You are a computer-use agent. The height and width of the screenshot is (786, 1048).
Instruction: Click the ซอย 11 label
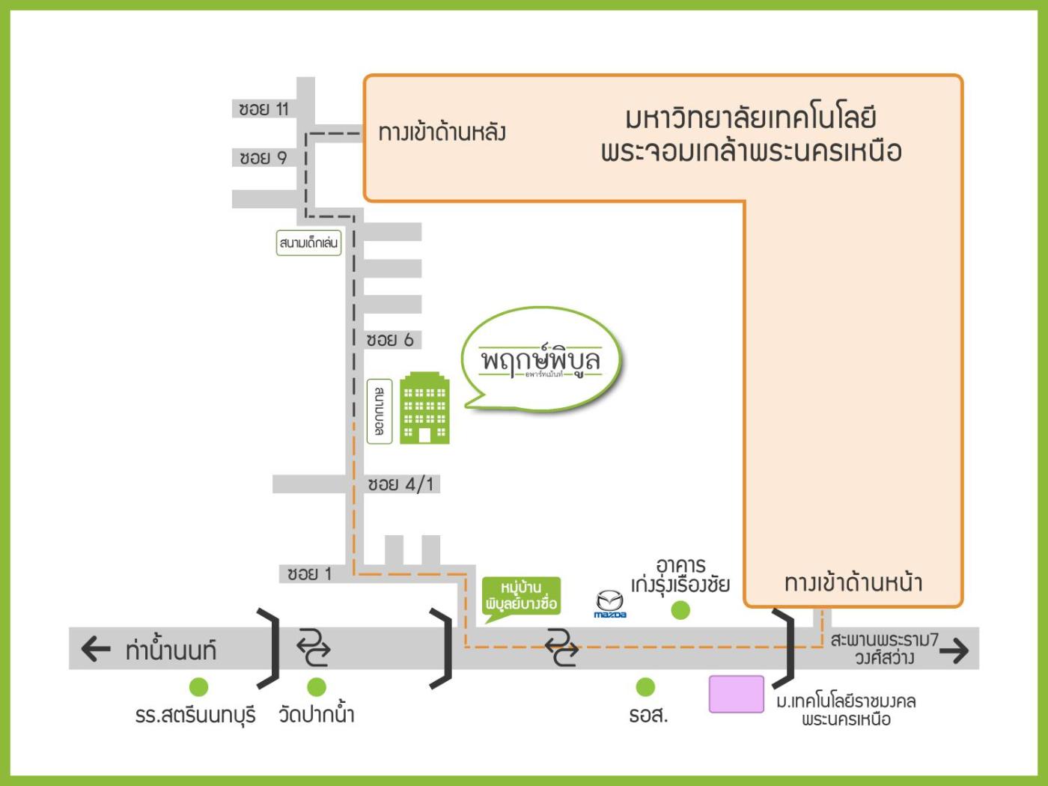point(263,109)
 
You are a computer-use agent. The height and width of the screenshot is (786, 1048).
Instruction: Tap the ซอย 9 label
point(263,158)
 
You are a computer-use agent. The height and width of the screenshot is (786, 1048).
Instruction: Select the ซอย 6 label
point(389,340)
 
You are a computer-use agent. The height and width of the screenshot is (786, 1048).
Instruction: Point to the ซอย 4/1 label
point(400,484)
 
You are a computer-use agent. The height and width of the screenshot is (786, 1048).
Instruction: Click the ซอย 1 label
point(309,574)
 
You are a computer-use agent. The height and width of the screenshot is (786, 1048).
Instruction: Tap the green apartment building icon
point(424,409)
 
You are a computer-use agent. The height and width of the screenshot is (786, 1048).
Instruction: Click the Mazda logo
point(609,603)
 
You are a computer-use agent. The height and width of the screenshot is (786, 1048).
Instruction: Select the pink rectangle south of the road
point(737,694)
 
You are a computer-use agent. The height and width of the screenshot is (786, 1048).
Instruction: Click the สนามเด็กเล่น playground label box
point(308,243)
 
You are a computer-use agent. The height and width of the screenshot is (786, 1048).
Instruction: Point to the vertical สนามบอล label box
point(380,412)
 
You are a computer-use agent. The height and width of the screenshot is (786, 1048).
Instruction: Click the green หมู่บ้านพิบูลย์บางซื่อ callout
point(521,596)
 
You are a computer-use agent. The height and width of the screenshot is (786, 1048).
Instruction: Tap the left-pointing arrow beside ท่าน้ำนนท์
point(95,649)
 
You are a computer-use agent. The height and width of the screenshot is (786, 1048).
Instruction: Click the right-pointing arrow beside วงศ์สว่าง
point(954,651)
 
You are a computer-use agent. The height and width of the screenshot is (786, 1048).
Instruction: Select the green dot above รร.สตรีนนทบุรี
point(198,686)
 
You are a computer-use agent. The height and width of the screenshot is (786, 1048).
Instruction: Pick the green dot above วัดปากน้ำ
point(317,686)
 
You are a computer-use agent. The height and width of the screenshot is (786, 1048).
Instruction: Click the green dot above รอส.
point(645,686)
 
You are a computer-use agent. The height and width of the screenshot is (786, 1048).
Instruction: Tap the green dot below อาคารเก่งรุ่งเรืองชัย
point(680,611)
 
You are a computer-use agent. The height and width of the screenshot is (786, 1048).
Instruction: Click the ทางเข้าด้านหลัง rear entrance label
point(442,133)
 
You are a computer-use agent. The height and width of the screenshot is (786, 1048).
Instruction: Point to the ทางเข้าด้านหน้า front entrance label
point(853,582)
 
